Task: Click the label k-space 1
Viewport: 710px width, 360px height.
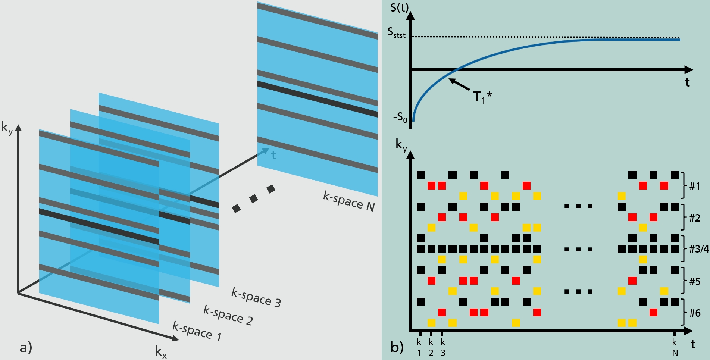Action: click(197, 331)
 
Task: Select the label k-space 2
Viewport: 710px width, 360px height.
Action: click(228, 315)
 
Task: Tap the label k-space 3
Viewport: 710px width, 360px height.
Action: click(256, 297)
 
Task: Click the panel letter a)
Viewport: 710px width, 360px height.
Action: click(26, 347)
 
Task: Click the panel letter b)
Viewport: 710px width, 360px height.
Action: click(397, 347)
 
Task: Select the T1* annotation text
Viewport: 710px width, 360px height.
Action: click(482, 97)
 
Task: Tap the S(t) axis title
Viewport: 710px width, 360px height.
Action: click(400, 7)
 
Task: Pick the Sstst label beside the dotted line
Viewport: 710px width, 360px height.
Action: click(396, 33)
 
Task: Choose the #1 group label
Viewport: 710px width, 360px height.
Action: click(694, 186)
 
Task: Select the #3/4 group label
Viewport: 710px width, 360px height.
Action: click(698, 249)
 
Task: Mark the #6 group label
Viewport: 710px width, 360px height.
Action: click(694, 313)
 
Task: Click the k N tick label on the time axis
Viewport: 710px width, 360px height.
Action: click(675, 347)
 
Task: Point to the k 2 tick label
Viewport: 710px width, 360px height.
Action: click(431, 347)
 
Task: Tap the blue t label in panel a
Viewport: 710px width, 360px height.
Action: click(273, 155)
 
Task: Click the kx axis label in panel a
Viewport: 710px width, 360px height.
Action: click(161, 351)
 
